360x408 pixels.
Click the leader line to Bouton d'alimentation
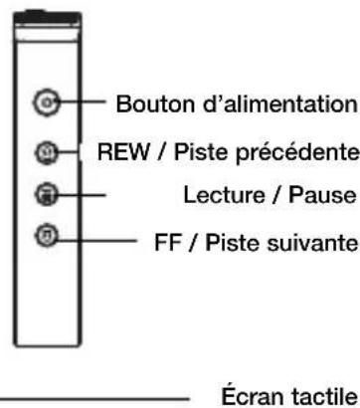pos(86,102)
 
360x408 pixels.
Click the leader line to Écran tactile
pos(99,395)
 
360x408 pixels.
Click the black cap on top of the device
pos(47,14)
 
